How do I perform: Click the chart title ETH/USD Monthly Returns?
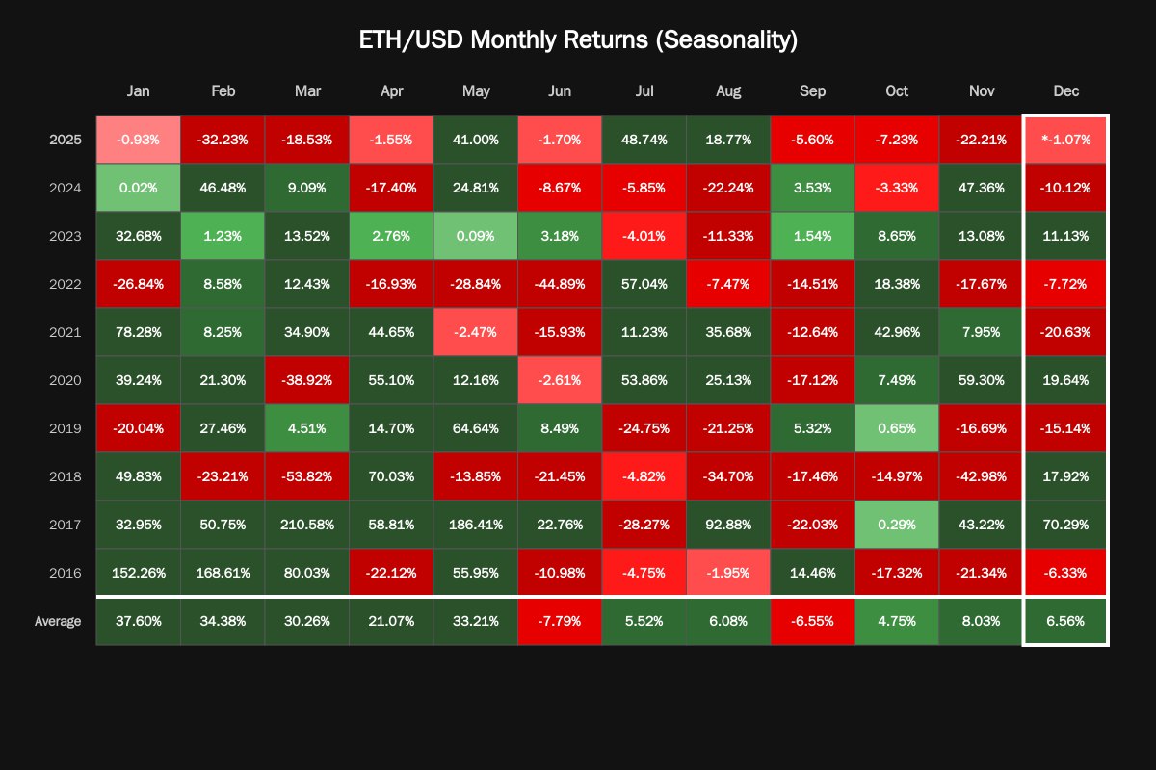(578, 40)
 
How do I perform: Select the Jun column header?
(560, 91)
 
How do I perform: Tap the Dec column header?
(1065, 91)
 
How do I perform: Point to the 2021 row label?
(66, 332)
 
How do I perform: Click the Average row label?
(58, 621)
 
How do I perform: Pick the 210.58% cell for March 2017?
(307, 525)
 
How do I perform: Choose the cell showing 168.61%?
(223, 573)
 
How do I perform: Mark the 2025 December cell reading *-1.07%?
(1065, 140)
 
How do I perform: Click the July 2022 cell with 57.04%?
(644, 284)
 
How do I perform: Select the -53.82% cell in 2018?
(307, 476)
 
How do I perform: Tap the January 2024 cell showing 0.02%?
(139, 188)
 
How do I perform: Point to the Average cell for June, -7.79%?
(560, 621)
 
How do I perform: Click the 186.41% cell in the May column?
(476, 525)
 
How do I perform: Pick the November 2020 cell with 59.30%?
(982, 380)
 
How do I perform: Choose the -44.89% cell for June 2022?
(560, 284)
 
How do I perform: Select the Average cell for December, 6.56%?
(1065, 621)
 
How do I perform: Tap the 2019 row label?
(66, 428)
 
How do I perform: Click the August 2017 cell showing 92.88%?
(728, 525)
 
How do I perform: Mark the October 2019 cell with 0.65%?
(897, 428)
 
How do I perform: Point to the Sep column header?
(813, 91)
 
